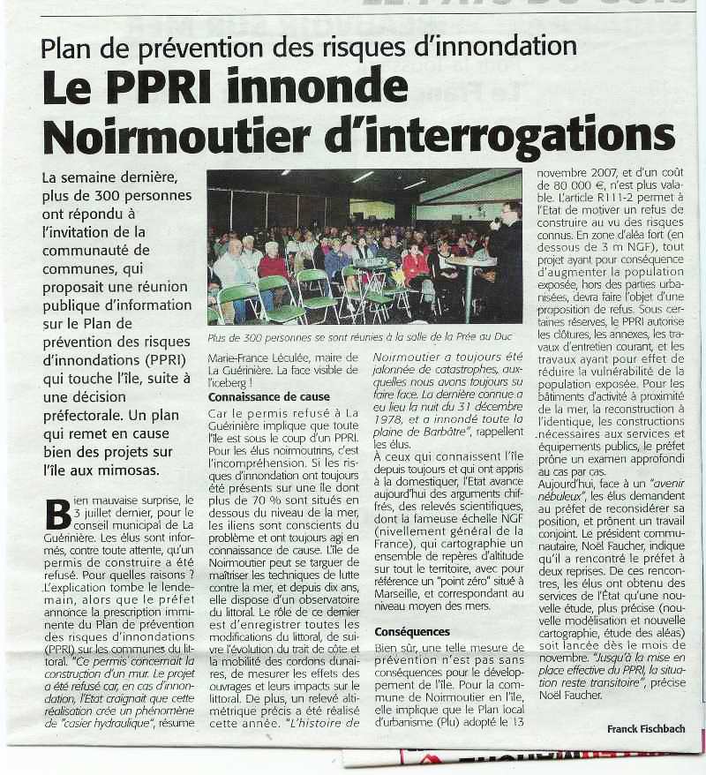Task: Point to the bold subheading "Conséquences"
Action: pos(412,632)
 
